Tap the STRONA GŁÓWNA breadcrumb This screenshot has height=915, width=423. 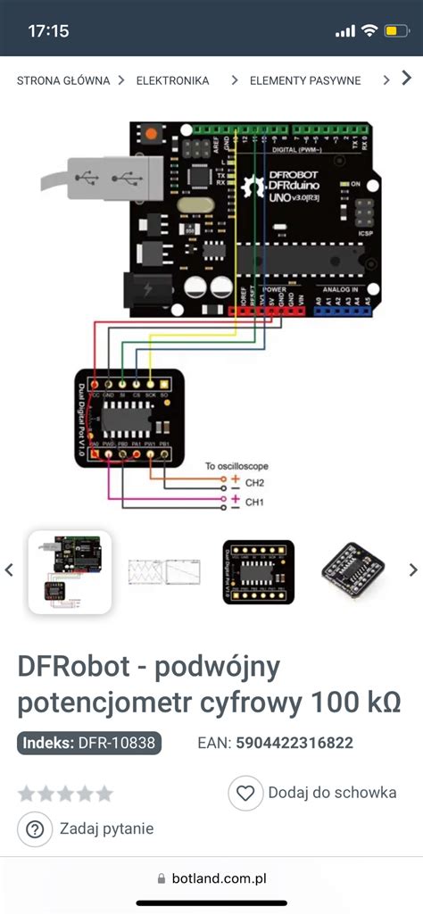tap(63, 80)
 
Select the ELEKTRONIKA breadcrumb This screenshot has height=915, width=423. tap(172, 80)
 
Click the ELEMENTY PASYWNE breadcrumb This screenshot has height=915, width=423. tap(305, 80)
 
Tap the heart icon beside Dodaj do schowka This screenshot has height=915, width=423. tap(245, 792)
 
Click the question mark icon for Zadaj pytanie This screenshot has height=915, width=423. tap(35, 829)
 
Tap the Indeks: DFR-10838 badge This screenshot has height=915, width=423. tap(89, 743)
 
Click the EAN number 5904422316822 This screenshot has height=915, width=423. tap(294, 743)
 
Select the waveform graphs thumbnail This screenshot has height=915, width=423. tap(164, 571)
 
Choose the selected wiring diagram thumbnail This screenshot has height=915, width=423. tap(70, 571)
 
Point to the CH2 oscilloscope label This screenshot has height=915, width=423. tap(255, 483)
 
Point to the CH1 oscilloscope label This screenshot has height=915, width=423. tap(255, 503)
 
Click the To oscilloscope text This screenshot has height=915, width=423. tap(236, 466)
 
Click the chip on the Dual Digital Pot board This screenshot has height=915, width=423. tap(128, 417)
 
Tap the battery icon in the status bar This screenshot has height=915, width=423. tap(394, 31)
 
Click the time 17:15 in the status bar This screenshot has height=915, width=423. tap(48, 31)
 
